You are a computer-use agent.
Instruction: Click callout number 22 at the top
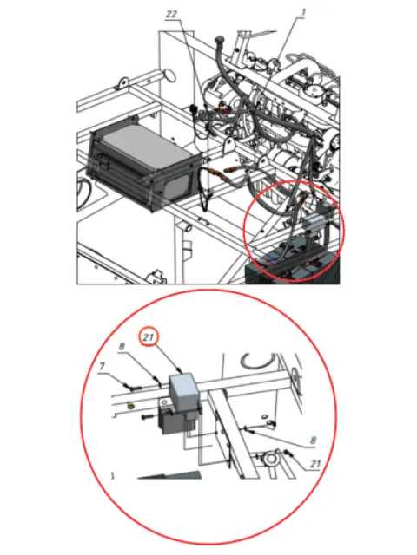click(172, 14)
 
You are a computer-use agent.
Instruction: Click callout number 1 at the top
click(303, 12)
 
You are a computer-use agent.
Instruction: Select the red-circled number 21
click(149, 337)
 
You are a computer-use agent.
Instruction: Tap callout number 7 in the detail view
click(103, 366)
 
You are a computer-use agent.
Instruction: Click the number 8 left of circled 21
click(122, 346)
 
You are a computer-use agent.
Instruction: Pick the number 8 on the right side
click(313, 441)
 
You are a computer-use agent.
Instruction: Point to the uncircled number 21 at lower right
click(315, 464)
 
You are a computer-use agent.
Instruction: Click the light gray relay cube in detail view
click(183, 388)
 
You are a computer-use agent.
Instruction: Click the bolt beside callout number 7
click(133, 388)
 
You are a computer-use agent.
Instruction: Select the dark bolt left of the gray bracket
click(149, 417)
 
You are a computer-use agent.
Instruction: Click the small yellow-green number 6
click(130, 405)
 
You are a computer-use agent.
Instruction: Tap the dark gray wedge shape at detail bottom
click(169, 474)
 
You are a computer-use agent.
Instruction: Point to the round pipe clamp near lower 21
click(271, 460)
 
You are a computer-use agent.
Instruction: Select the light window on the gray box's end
click(177, 187)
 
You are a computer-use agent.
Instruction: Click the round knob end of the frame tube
click(169, 75)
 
